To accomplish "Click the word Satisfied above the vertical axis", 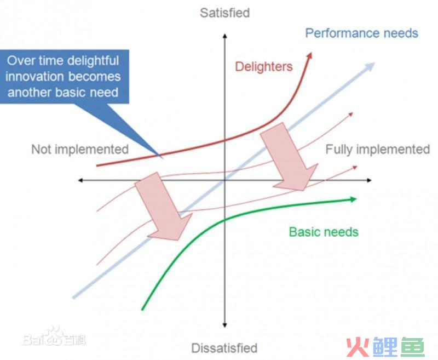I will tap(224, 13).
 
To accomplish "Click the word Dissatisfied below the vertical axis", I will tap(224, 348).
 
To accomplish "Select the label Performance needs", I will tap(361, 33).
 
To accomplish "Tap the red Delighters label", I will tap(264, 67).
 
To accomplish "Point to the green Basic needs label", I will tap(324, 232).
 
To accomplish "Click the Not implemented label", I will tap(80, 149).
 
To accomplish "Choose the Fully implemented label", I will tap(378, 149).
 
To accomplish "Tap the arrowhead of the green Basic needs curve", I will tap(353, 199).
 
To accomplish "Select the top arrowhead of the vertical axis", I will tap(224, 36).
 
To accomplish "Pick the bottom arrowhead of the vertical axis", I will tap(224, 324).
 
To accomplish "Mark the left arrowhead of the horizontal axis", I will tap(81, 180).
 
